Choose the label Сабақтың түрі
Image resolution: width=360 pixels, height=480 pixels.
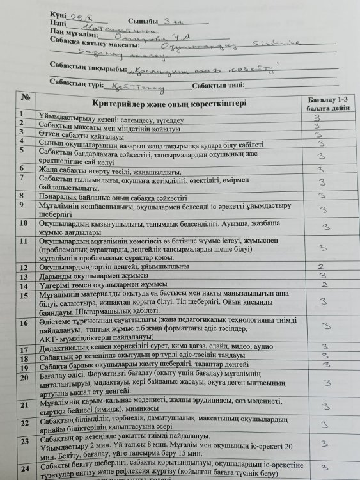[77, 86]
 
